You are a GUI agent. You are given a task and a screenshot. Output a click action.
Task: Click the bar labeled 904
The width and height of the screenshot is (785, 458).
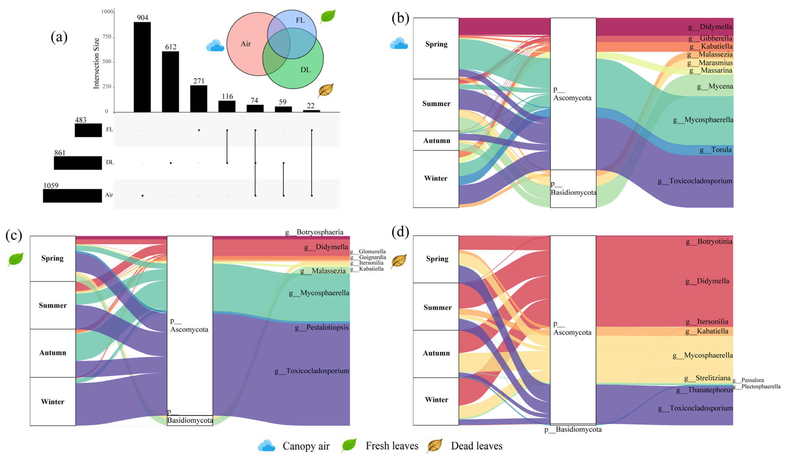click(142, 67)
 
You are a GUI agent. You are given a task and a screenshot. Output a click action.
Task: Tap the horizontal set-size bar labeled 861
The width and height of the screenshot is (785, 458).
click(78, 163)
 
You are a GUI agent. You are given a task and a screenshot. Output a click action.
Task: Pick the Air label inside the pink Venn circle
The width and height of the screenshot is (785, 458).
click(246, 44)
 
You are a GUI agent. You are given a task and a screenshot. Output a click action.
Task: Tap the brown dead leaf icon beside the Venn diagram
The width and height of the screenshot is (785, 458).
click(326, 90)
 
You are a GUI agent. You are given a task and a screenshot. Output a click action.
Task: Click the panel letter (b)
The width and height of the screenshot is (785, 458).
click(400, 18)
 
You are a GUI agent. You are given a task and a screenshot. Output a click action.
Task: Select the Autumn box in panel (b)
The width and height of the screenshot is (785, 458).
click(436, 140)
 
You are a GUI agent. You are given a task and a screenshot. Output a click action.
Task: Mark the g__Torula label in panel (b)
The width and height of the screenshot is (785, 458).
click(715, 150)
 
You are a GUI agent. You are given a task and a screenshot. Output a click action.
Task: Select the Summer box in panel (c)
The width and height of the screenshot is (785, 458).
click(53, 305)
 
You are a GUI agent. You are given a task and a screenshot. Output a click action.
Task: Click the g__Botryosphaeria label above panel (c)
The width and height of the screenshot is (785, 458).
click(314, 232)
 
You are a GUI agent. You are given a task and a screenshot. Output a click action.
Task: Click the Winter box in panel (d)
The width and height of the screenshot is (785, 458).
click(436, 400)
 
